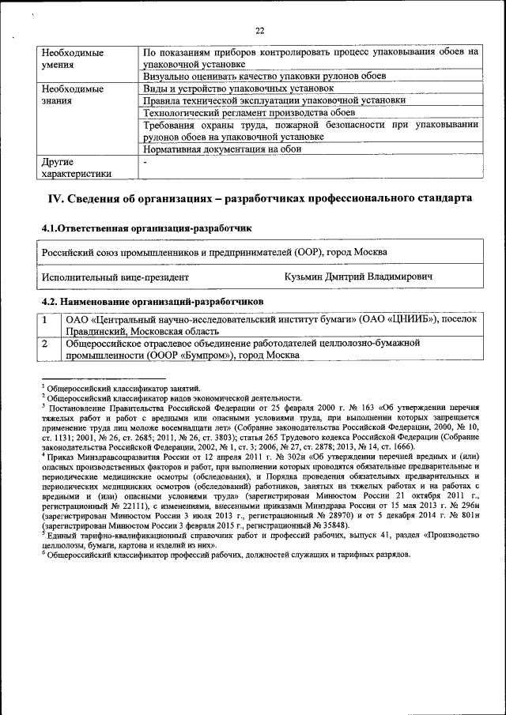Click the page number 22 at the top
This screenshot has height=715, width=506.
point(259,30)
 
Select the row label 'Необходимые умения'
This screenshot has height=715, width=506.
point(72,58)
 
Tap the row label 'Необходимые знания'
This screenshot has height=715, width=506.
point(72,95)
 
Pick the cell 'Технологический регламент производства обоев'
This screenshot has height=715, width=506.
point(247,112)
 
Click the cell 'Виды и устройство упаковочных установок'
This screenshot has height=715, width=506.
point(233,88)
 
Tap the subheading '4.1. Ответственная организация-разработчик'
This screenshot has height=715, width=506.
point(146,228)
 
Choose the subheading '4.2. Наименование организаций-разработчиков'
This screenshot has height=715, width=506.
point(152,302)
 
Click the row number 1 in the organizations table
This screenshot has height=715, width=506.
point(46,320)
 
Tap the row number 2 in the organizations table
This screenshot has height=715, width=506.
point(46,344)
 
